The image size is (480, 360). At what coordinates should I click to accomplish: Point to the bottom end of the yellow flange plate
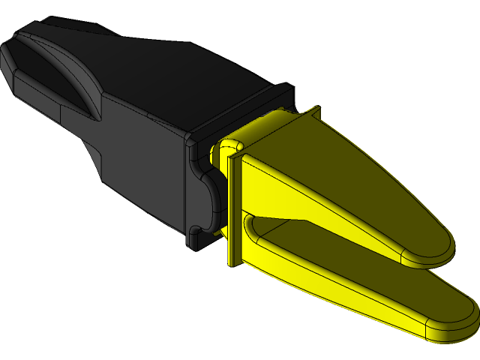232,259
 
